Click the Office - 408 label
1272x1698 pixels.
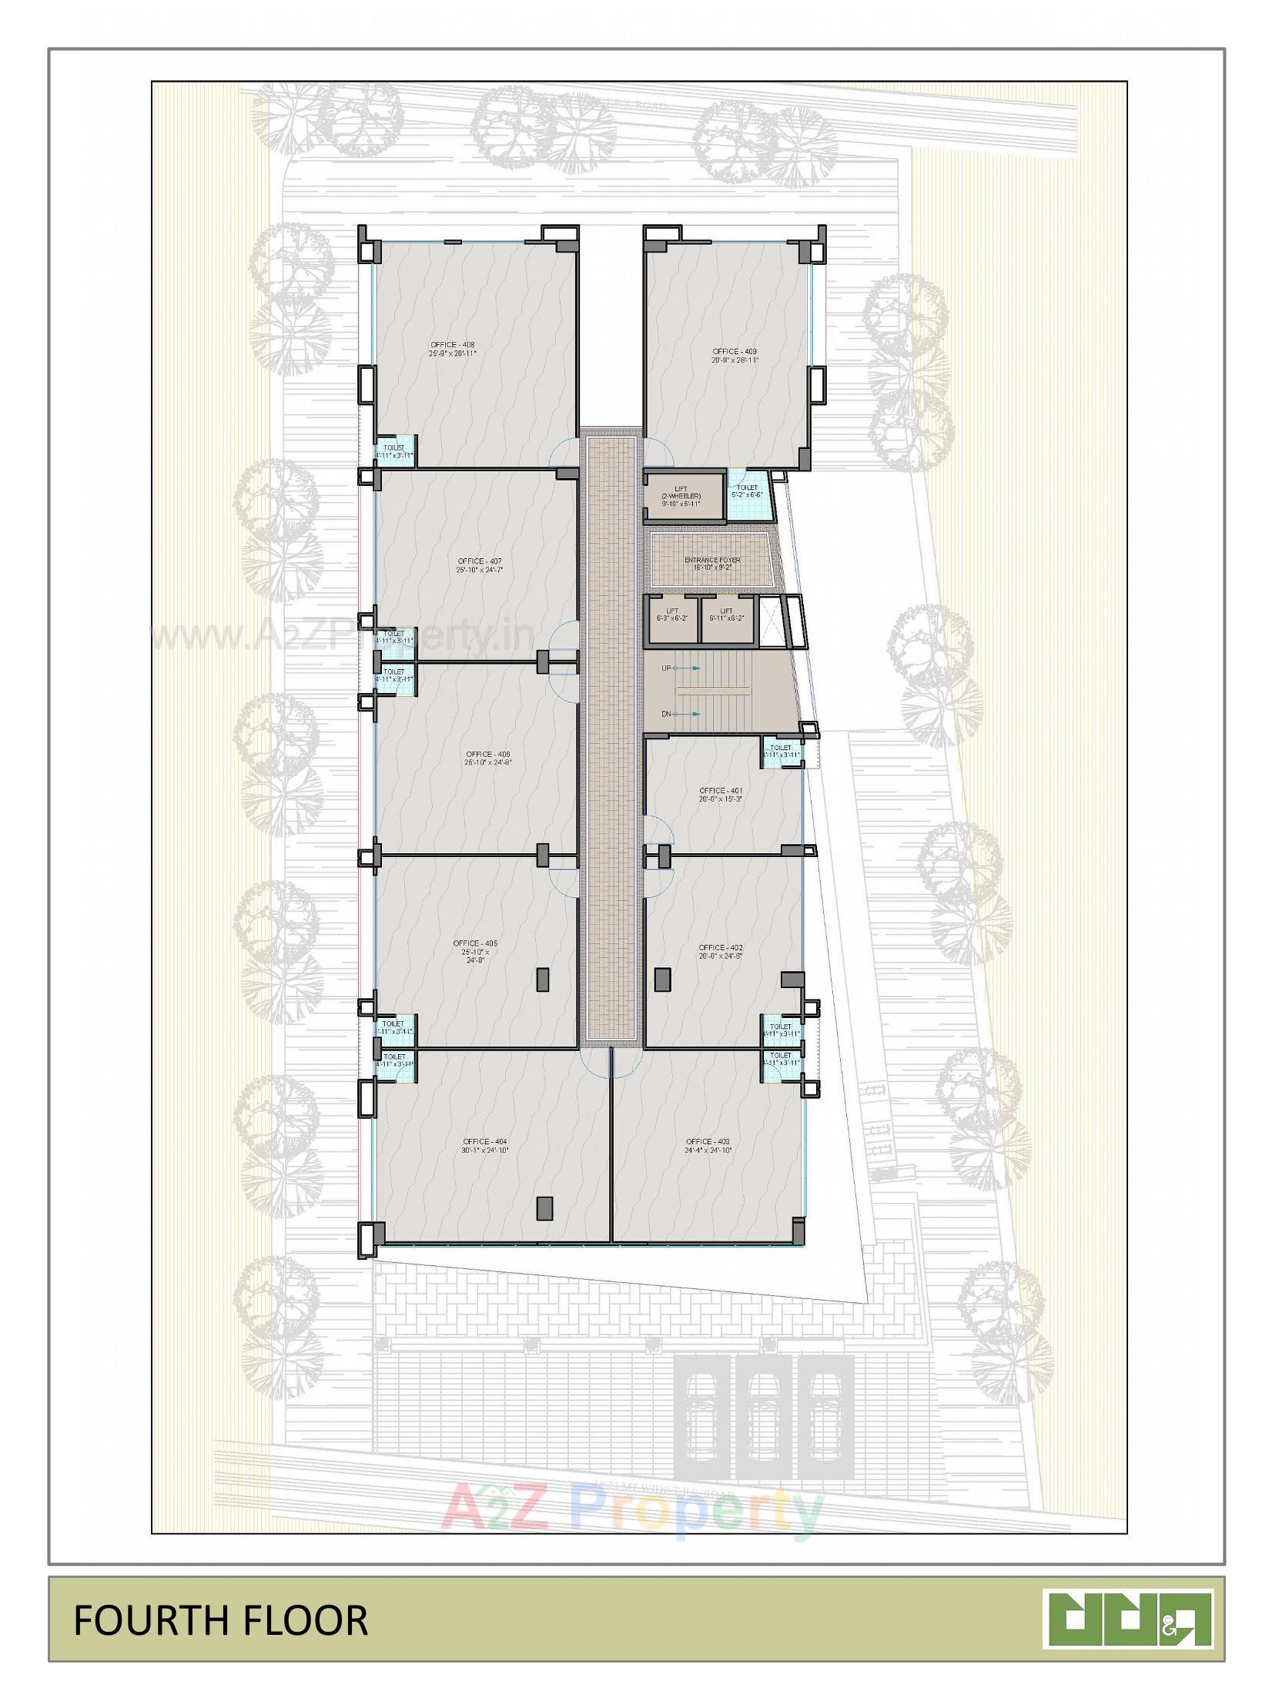click(453, 349)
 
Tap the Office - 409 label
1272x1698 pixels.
click(735, 355)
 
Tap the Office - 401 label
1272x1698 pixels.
click(721, 795)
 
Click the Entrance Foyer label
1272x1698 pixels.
click(712, 563)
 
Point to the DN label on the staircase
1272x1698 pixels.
click(667, 714)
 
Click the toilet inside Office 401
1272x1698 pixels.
click(781, 751)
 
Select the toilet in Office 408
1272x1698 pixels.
click(394, 450)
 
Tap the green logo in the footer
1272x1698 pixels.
click(1129, 1618)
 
